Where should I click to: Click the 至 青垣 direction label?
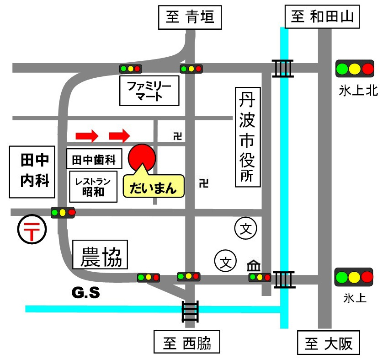190,18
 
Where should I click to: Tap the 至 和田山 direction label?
322,18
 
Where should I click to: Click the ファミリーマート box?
149,90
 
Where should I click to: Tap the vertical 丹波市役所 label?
247,137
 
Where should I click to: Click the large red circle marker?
142,158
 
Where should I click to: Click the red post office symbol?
32,230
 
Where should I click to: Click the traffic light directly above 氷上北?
355,69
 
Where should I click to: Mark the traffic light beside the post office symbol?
63,212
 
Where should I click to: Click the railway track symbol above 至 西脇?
190,312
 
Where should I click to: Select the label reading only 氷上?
355,298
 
